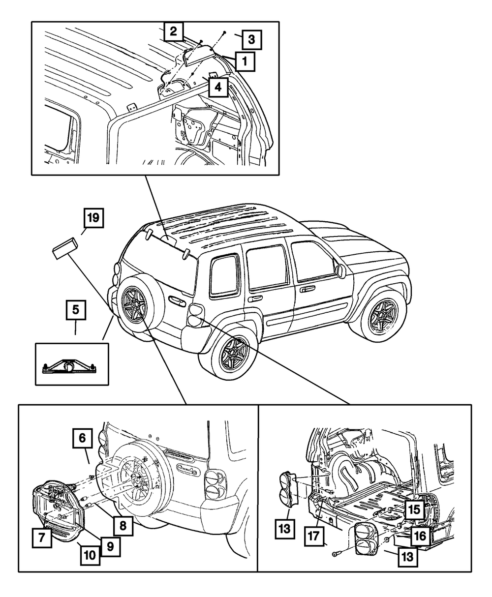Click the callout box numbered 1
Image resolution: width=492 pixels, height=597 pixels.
click(245, 62)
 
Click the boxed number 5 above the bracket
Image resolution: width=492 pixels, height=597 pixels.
click(75, 310)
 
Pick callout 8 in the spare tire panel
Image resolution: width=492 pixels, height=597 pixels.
click(123, 525)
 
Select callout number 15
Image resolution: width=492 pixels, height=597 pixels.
click(414, 509)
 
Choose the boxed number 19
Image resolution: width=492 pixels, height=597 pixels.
click(93, 217)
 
